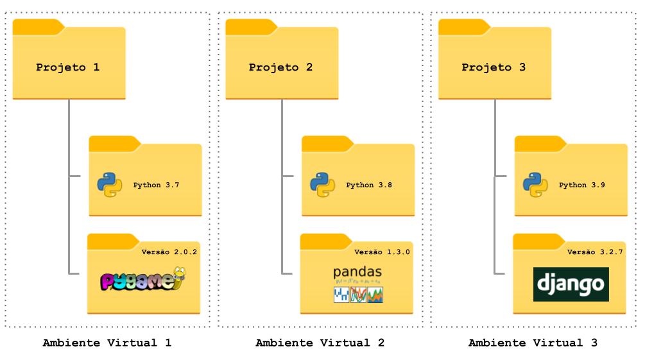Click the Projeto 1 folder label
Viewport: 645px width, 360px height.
(67, 67)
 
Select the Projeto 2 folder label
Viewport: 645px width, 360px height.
(280, 67)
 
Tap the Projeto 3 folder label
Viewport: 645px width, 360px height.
(494, 67)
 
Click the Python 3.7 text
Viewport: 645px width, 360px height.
(156, 185)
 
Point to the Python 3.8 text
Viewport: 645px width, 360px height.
(369, 185)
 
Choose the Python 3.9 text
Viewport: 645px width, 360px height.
(582, 185)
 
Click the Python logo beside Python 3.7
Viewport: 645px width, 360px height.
(109, 185)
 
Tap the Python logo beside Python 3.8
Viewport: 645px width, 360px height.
(322, 185)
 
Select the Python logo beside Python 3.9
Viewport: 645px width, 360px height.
(535, 185)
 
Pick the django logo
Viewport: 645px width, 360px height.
(571, 284)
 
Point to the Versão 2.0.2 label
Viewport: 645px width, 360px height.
(169, 252)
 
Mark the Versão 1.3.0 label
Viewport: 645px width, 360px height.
(382, 252)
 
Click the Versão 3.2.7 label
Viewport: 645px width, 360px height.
(595, 252)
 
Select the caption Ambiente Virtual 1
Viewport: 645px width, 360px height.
(107, 343)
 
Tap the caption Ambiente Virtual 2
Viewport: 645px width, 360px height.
(320, 343)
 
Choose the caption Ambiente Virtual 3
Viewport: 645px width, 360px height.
(533, 343)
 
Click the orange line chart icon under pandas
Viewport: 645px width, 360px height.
(358, 295)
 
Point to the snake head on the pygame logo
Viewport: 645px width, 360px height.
(182, 275)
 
